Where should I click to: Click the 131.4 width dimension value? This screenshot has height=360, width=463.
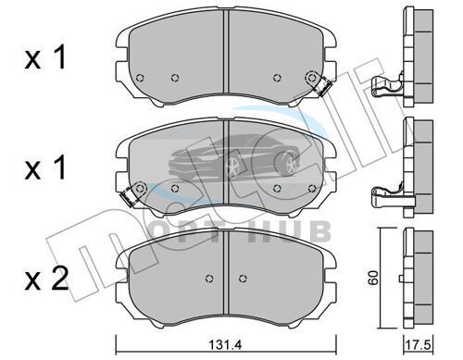click(225, 344)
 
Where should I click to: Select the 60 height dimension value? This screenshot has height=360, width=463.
click(373, 278)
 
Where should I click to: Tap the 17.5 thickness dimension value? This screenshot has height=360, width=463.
click(419, 344)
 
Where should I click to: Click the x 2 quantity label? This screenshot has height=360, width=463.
click(46, 279)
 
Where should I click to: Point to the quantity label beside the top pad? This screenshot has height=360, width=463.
click(45, 57)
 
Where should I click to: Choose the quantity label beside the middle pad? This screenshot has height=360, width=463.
click(45, 168)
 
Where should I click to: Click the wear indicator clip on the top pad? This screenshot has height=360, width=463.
click(322, 86)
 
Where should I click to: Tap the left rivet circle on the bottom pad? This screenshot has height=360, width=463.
click(209, 279)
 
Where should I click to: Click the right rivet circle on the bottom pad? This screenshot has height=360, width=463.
click(244, 279)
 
